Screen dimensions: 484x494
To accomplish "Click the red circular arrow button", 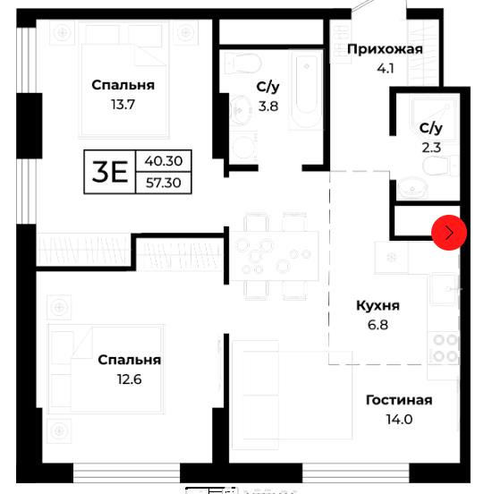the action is pos(449,233).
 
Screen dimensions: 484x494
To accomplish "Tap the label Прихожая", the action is pos(385,49).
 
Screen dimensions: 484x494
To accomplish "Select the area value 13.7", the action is pos(123,105).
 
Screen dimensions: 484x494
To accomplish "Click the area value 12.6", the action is pos(130,379).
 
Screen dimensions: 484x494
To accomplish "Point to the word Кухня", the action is pos(378,305).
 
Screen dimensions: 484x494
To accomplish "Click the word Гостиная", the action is pos(399,400).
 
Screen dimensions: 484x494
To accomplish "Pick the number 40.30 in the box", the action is pos(164,161).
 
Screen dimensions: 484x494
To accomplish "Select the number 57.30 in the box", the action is pos(164,183).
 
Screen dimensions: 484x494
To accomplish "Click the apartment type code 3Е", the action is pos(110,172).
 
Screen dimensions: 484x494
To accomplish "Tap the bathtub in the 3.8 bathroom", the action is pos(307,89).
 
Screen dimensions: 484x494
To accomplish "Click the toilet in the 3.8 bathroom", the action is pos(243,64).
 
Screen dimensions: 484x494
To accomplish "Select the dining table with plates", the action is pos(275,256).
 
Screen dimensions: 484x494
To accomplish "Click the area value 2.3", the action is pos(431,148).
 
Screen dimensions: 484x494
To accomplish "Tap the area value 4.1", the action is pos(386,68).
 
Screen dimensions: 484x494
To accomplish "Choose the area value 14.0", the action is pos(399,420).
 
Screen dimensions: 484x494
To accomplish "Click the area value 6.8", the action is pos(378,325).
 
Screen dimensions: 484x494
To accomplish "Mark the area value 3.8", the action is pos(268,106).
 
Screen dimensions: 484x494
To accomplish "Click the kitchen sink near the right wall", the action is pos(444,288).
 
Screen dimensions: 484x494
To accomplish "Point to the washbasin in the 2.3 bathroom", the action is pos(412,189).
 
